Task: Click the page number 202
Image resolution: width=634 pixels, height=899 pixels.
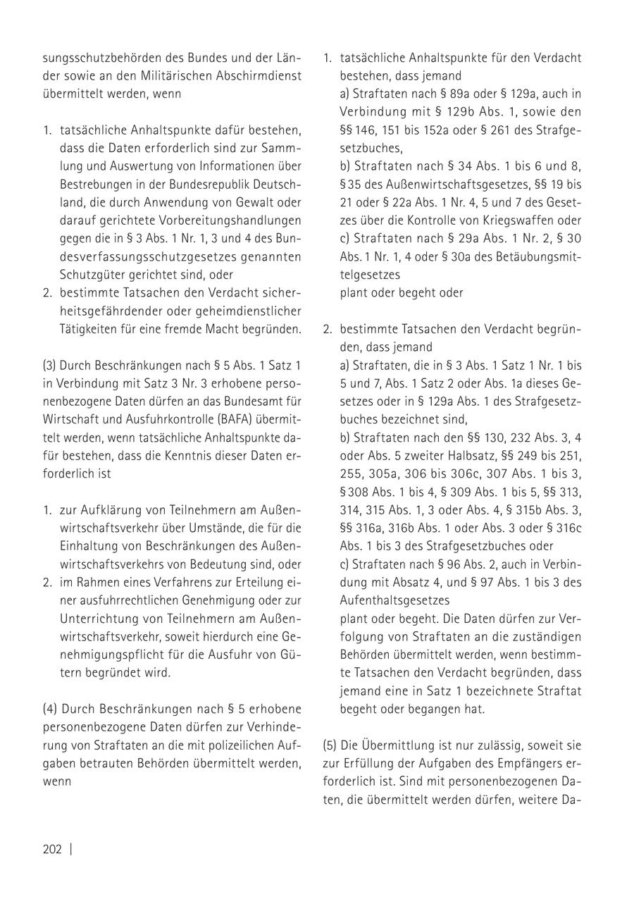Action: pos(52,849)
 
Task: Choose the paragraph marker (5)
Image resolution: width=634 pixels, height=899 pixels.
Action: pos(330,746)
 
